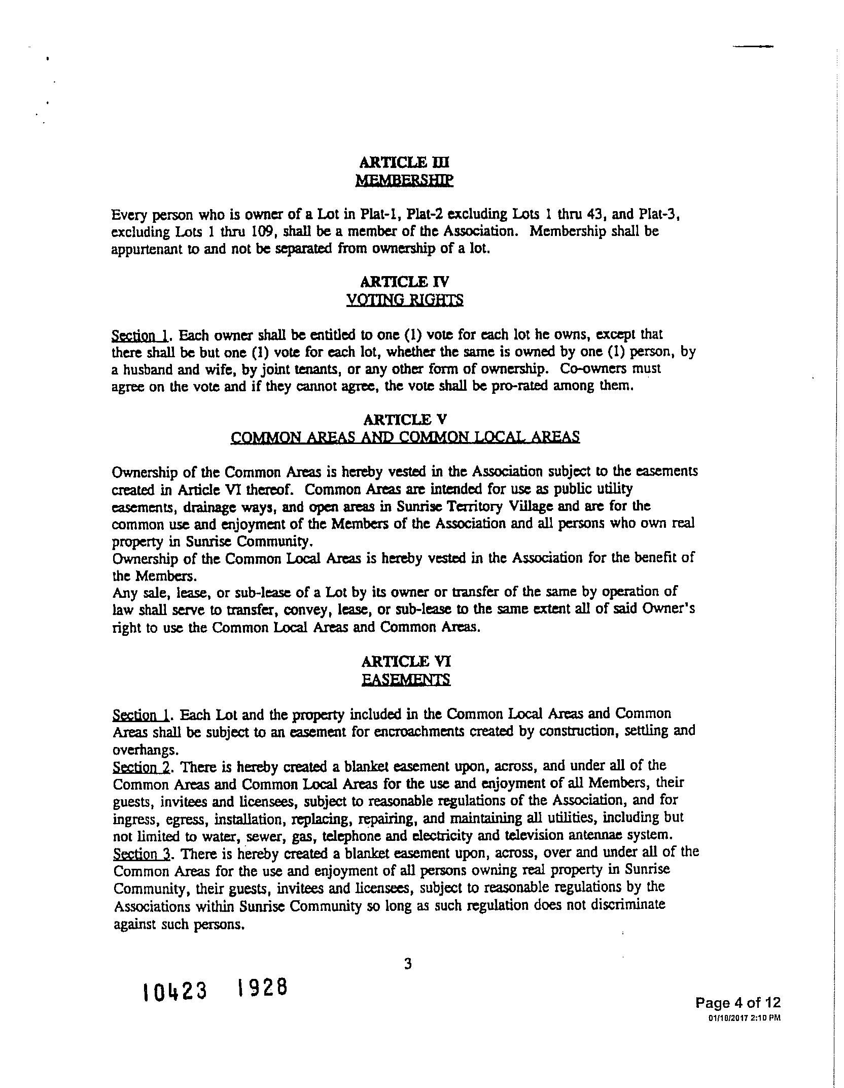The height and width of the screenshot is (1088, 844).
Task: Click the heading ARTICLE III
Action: [x=404, y=162]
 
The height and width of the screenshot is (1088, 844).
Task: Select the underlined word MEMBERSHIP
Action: [x=404, y=180]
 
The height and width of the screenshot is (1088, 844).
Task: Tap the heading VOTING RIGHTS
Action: [x=404, y=300]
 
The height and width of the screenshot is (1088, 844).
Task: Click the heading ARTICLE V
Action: [x=405, y=420]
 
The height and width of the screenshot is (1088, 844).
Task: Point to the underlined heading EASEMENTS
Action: [x=406, y=679]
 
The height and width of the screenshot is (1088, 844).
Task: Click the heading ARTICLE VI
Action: [x=406, y=662]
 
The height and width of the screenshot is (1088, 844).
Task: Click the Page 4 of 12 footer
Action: [x=737, y=1003]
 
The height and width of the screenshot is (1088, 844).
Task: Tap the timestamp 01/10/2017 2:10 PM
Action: [x=744, y=1017]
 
